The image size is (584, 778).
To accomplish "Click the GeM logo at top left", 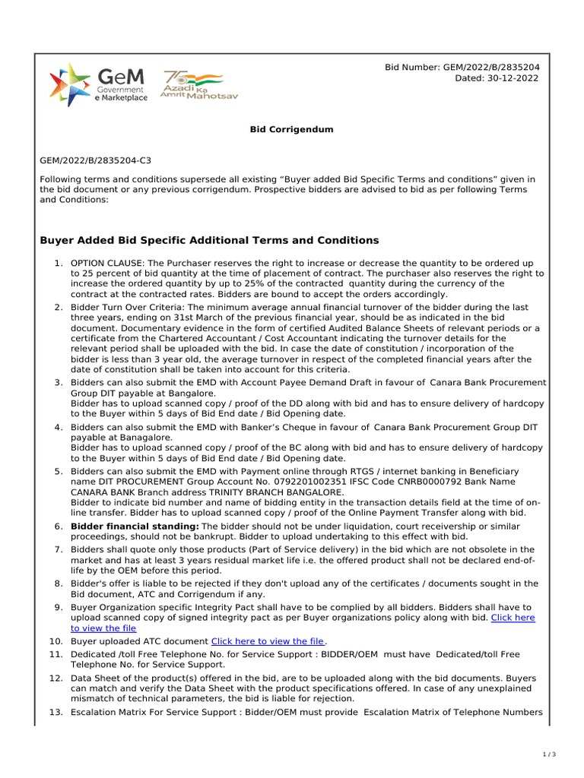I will tap(98, 84).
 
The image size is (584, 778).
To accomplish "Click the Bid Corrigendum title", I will tap(292, 129).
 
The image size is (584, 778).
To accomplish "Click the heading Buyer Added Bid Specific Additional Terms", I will tap(208, 240).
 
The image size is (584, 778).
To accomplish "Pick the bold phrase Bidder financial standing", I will tap(134, 526).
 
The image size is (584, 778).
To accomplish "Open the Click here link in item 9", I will tap(513, 618).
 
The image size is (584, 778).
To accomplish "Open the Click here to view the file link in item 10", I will tap(267, 642).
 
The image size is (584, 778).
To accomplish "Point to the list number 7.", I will tap(57, 549).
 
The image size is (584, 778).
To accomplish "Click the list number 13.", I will tap(56, 712).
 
